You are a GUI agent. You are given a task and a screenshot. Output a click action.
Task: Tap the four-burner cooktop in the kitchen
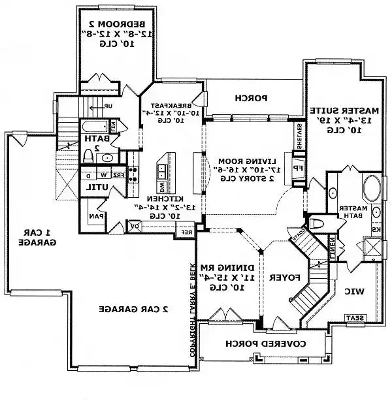[x=134, y=174]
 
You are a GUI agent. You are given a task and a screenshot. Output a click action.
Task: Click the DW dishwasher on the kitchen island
[x=161, y=188]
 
